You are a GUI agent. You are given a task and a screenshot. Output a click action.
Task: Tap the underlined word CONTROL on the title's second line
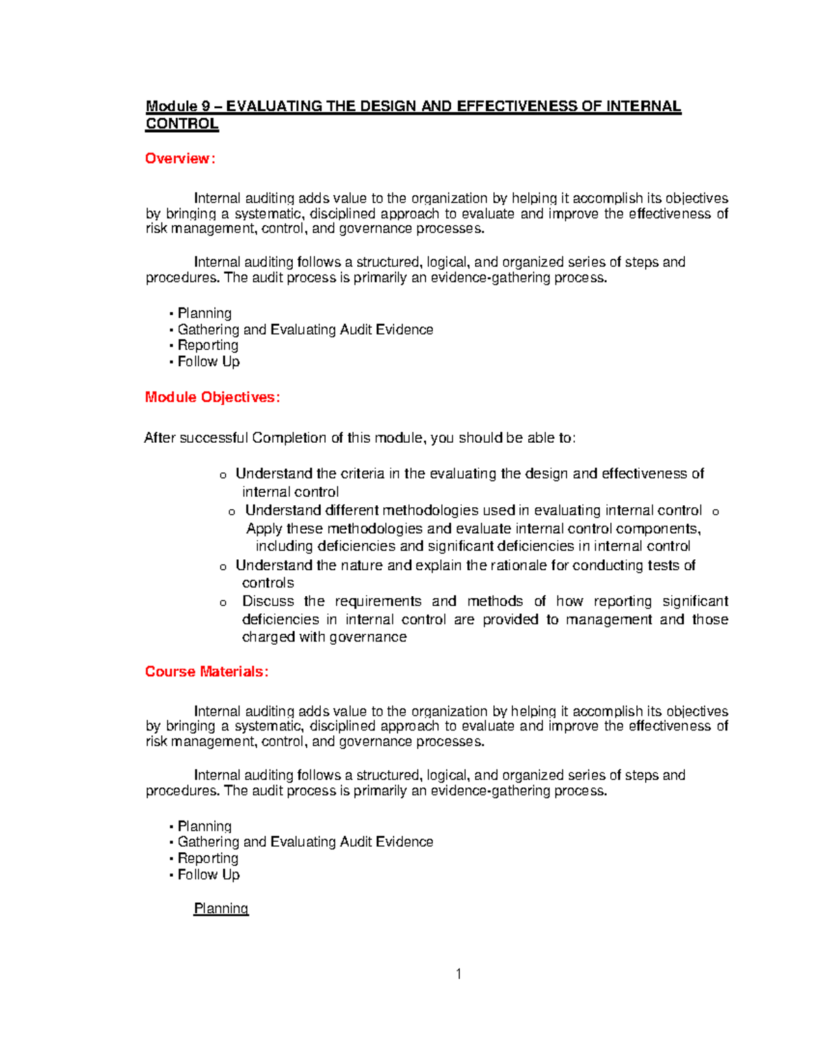point(182,124)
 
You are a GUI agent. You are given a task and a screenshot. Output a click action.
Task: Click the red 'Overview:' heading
point(180,159)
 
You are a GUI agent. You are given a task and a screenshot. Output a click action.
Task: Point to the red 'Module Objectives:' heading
point(212,398)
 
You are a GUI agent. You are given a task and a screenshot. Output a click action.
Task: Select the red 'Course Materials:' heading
point(207,671)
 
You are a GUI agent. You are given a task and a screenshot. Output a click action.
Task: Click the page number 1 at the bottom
point(458,974)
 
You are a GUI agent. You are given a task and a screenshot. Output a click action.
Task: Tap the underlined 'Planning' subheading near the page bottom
point(221,908)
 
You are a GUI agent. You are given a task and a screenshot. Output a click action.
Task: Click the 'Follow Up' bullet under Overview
point(209,361)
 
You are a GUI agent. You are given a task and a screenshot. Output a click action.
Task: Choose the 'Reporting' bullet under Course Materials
point(208,858)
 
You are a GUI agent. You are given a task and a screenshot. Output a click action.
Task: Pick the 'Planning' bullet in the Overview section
point(205,313)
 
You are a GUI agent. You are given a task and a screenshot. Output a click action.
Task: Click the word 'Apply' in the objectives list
point(264,528)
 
